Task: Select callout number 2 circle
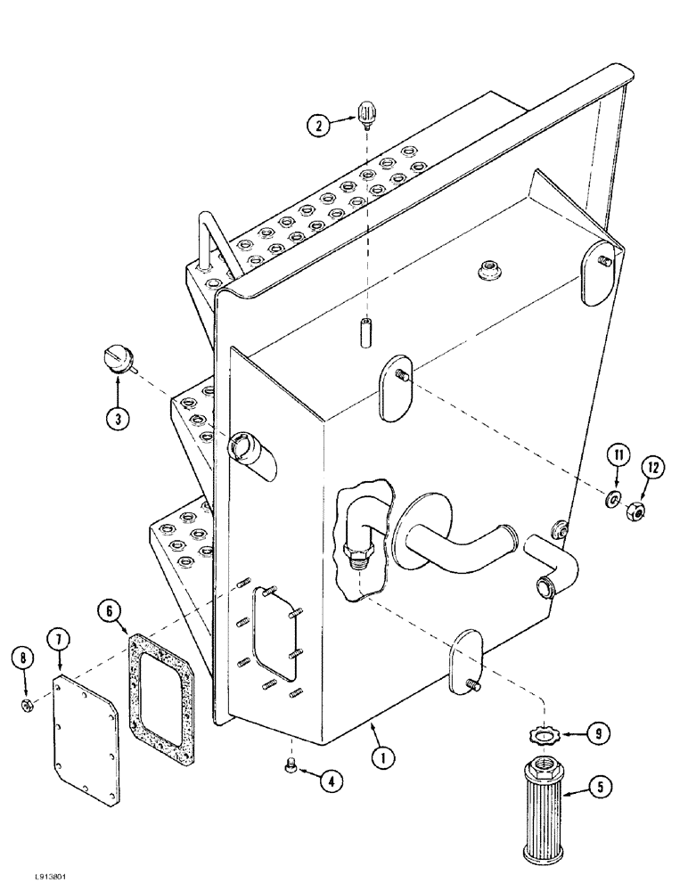click(316, 127)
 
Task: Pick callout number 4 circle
click(331, 782)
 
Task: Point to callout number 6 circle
click(111, 610)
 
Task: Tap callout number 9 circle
click(599, 734)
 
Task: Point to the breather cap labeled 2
click(365, 113)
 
